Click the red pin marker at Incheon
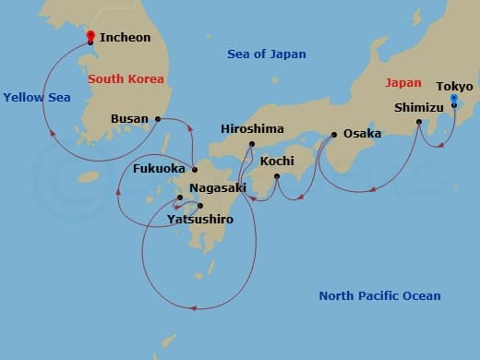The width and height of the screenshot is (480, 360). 90,36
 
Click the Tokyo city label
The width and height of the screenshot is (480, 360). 454,86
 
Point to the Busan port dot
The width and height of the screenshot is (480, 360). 159,119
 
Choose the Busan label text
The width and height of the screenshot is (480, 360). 130,119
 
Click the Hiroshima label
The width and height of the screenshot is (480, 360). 252,129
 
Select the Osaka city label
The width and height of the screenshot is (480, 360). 363,134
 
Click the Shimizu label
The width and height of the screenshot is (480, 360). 419,107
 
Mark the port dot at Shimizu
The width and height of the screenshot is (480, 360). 419,121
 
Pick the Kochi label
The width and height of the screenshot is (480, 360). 277,161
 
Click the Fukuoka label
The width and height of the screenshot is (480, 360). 161,170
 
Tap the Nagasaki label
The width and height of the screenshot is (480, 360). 218,187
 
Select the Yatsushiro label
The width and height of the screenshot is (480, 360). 200,220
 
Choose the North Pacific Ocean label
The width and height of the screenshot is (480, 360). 379,296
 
